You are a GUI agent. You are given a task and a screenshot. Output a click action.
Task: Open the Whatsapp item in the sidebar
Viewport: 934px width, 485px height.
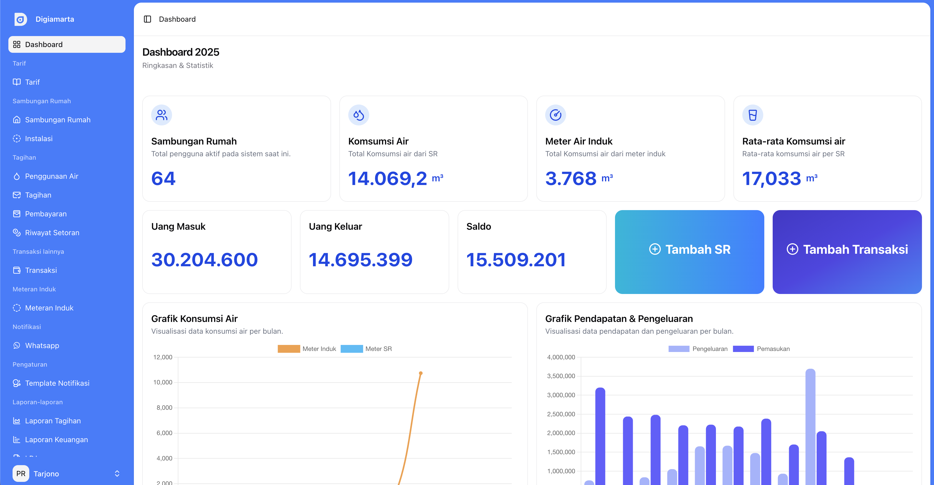[42, 345]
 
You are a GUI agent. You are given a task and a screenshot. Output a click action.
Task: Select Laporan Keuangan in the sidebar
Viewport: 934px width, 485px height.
[56, 439]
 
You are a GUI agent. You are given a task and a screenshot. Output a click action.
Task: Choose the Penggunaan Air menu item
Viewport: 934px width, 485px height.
[52, 176]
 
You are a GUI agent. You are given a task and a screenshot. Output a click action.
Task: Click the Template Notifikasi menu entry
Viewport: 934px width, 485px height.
[57, 383]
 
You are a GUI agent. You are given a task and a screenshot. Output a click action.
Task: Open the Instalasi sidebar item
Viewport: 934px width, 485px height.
[38, 138]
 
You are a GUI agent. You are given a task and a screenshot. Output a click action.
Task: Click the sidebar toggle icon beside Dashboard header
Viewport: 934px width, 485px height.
[147, 19]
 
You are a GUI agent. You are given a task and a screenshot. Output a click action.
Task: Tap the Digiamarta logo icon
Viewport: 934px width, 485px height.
[20, 19]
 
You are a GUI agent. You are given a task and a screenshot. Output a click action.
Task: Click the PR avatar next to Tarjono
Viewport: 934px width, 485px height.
[21, 474]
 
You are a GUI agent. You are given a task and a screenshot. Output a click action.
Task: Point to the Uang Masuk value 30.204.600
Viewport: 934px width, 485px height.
[204, 259]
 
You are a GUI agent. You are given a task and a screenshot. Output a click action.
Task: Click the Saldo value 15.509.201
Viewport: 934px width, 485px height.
[516, 259]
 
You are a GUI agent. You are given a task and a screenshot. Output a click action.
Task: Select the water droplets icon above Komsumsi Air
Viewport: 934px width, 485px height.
[358, 115]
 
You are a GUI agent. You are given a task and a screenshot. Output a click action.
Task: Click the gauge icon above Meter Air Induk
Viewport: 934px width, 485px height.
[555, 115]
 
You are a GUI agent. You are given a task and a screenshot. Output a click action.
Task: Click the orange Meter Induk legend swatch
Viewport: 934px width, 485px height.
[289, 349]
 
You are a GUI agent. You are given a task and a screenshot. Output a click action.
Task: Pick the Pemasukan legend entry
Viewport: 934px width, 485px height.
[761, 349]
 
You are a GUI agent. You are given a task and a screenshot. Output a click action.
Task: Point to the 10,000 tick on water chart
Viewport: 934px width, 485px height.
[163, 382]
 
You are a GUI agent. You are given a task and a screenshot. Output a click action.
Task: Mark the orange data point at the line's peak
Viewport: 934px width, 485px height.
[421, 373]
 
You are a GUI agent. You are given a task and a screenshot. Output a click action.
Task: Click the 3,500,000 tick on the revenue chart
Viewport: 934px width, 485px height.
[561, 376]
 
